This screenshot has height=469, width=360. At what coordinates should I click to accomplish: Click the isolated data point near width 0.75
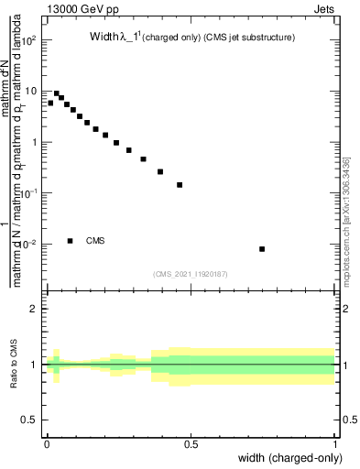pos(262,249)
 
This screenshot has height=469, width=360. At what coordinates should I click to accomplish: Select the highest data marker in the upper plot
pos(57,93)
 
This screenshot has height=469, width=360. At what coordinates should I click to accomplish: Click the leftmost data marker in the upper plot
pos(50,104)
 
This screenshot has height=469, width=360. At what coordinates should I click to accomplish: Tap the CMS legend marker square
pos(71,241)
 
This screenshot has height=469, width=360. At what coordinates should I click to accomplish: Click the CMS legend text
pos(95,241)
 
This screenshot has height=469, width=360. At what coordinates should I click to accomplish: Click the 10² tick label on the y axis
pos(27,41)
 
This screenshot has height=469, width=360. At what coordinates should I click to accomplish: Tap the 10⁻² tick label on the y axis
pos(27,244)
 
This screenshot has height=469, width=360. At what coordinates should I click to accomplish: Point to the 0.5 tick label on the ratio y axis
pos(29,420)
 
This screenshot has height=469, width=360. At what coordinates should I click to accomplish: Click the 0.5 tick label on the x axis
pos(191,444)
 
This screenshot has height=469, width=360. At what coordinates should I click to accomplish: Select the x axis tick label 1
pos(335,444)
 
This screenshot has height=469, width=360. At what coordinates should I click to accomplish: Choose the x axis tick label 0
pos(47,444)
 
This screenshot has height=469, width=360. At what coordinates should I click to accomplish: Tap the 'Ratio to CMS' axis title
pos(14,365)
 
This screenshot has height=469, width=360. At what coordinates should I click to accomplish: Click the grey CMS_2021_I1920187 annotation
pos(191,274)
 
